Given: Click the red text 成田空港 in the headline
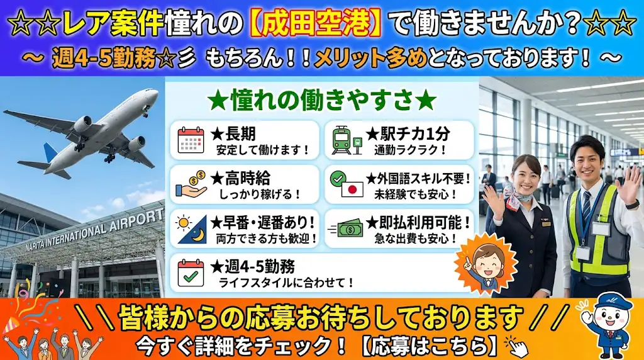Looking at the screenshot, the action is coord(316,23).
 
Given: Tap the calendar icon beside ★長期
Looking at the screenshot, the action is coord(191,140).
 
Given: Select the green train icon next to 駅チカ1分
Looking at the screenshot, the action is coord(347,140).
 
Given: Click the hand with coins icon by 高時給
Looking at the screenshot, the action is coord(191,184).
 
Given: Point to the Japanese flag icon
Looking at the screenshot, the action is coord(352,189).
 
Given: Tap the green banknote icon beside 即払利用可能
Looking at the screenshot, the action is coord(347,229).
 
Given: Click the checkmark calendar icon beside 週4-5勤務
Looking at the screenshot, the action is coord(191,273).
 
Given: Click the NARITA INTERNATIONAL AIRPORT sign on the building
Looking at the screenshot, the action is coord(94,230).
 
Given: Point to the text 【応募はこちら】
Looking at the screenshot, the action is coord(429,347).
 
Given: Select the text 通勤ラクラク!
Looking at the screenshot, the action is coord(409,150).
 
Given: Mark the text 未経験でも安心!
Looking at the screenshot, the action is coord(415,194).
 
